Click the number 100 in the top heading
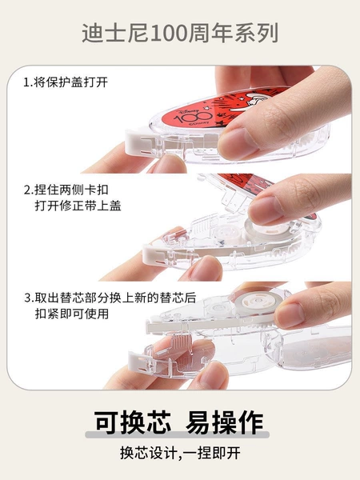point(169,33)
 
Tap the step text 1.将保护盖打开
point(66,82)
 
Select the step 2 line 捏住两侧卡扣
point(66,190)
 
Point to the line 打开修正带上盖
point(78,206)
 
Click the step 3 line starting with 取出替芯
point(110,298)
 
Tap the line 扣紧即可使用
point(72,314)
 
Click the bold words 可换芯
point(133,422)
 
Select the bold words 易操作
point(224,422)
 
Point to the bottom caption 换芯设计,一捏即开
point(180,453)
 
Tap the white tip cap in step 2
point(152,255)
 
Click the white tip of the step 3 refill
point(154,326)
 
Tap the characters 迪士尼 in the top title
point(115,33)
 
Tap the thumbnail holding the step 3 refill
point(290,315)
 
